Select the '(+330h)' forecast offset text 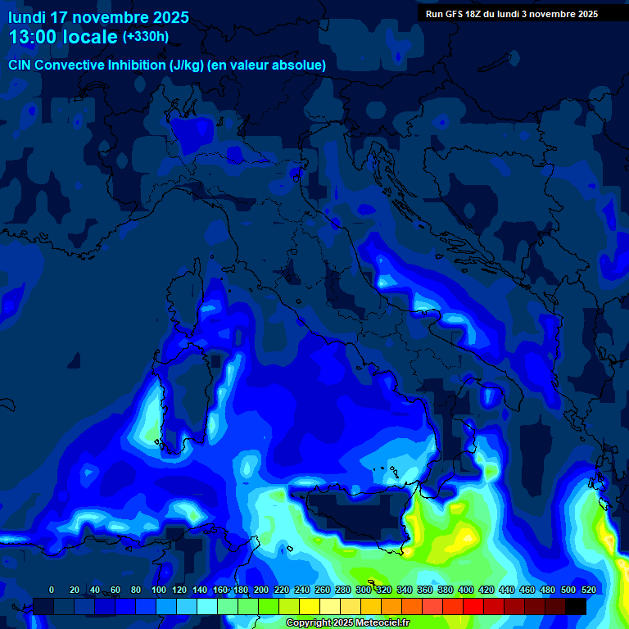[x=146, y=37]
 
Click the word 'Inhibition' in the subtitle [x=136, y=65]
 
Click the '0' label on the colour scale [x=52, y=590]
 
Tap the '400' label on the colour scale [x=466, y=590]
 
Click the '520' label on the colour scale [x=588, y=590]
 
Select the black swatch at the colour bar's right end [x=576, y=606]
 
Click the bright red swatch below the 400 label [x=473, y=606]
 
